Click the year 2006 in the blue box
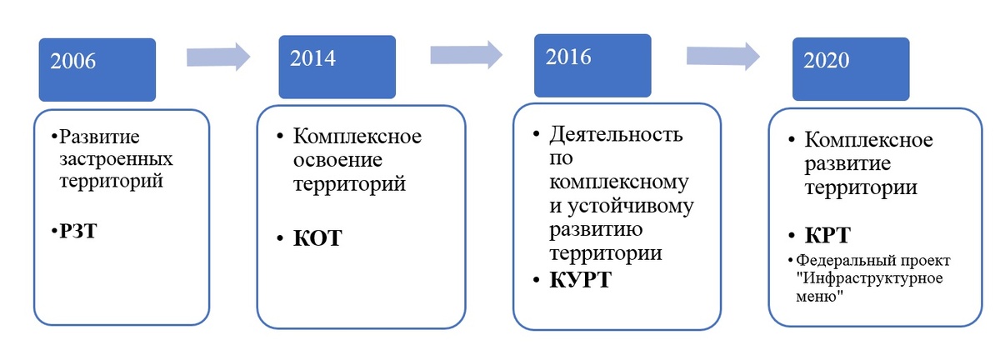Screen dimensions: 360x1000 point(73,61)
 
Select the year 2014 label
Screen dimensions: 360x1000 point(312,57)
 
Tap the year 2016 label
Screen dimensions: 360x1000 point(568,57)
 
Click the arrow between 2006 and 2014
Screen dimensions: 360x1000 point(217,56)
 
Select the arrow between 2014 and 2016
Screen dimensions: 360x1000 point(466,54)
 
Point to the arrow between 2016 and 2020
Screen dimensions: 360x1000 point(722,56)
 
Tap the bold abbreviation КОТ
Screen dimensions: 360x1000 point(317,239)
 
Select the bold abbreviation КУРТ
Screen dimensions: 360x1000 point(580,280)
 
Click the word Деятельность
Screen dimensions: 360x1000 point(617,134)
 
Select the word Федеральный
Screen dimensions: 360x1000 point(841,260)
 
